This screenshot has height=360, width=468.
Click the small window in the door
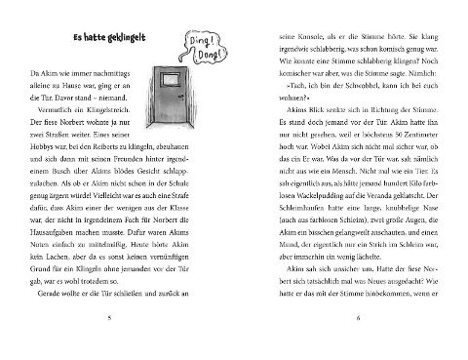coord(169,81)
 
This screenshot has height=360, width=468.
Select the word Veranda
coord(375,209)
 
